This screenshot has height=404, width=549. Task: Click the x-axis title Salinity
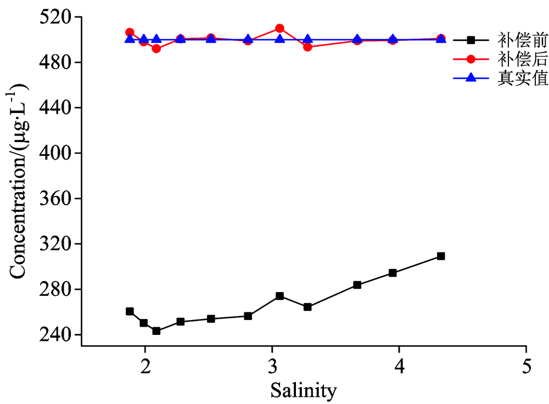[303, 390]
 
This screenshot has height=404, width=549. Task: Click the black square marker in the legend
[470, 40]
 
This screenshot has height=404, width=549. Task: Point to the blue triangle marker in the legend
[470, 78]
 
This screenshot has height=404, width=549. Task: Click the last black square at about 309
[441, 256]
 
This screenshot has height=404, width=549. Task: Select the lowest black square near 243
[156, 331]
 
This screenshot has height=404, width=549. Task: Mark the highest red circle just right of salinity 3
[279, 29]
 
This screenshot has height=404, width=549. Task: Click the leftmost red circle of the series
[130, 32]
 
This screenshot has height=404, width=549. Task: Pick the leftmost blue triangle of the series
[130, 38]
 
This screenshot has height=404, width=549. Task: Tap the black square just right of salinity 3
[279, 296]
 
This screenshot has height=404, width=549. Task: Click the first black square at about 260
[130, 311]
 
